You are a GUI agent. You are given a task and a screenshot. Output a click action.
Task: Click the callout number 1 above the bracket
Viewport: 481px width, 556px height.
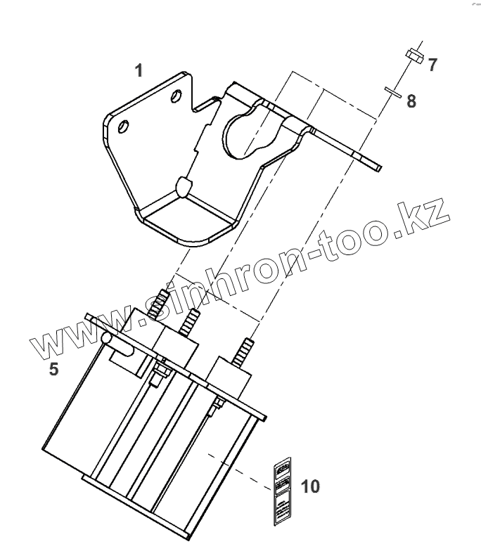pyautogui.click(x=139, y=71)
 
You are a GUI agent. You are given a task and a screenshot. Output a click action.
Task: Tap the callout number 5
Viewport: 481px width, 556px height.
pyautogui.click(x=53, y=368)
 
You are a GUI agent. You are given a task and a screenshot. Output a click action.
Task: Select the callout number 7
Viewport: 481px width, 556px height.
pyautogui.click(x=432, y=65)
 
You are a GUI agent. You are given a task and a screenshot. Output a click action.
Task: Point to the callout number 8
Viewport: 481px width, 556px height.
pyautogui.click(x=411, y=101)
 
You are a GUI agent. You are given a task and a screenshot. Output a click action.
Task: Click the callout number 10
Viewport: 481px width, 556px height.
pyautogui.click(x=309, y=486)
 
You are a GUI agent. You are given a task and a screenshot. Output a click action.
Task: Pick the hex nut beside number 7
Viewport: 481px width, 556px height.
pyautogui.click(x=413, y=56)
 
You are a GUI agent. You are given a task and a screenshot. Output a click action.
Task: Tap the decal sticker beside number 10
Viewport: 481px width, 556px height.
pyautogui.click(x=282, y=490)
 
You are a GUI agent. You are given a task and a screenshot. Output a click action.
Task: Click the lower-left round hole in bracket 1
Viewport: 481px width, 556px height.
pyautogui.click(x=124, y=127)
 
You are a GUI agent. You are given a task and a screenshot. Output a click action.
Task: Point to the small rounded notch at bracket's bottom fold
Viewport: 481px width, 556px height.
pyautogui.click(x=182, y=186)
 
